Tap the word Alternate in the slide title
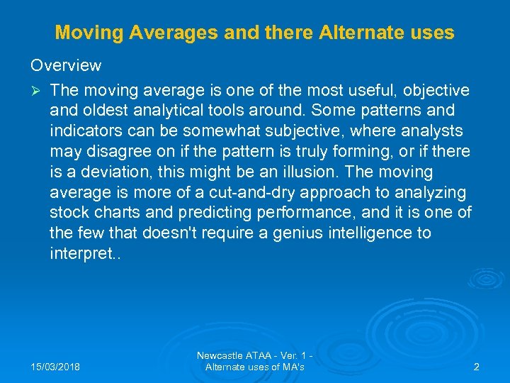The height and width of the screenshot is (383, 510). [x=354, y=33]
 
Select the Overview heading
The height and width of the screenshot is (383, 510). [x=66, y=65]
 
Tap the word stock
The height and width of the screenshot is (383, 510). [x=68, y=213]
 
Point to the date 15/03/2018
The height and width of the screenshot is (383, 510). [x=56, y=367]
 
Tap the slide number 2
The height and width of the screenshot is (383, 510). [x=476, y=367]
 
